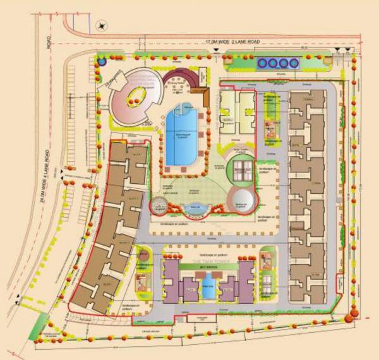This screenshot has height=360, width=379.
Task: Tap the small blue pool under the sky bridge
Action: (208, 291)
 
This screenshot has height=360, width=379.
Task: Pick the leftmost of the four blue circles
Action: (263, 63)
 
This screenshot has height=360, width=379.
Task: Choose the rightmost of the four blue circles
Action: (293, 63)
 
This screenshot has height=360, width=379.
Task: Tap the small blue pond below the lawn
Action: (196, 208)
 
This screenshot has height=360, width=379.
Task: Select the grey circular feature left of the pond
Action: (160, 205)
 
